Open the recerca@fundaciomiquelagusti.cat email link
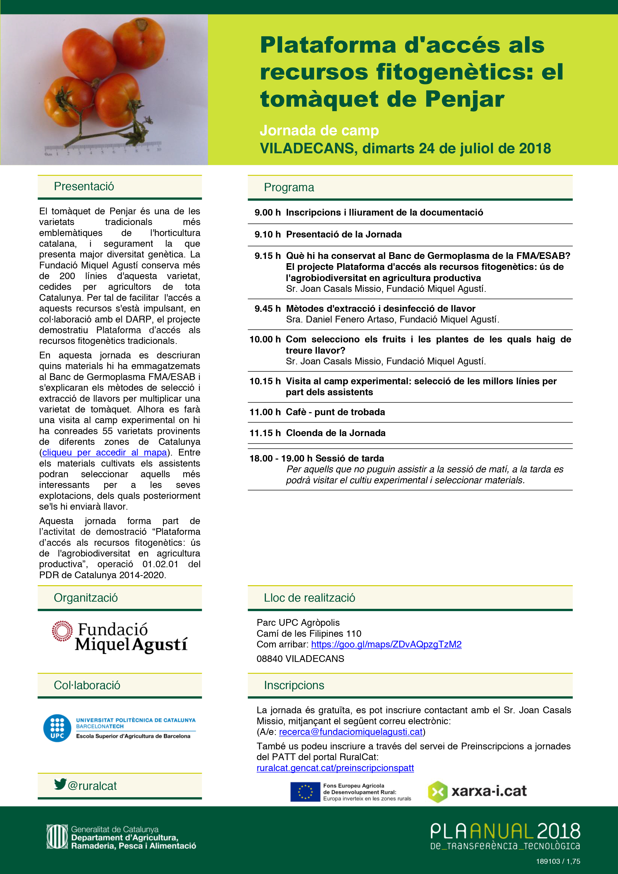[x=350, y=732]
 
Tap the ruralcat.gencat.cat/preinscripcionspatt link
[x=335, y=768]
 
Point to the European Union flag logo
[x=305, y=792]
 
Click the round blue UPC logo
[x=57, y=728]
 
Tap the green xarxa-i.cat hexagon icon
[x=437, y=792]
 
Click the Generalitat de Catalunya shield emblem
[x=57, y=837]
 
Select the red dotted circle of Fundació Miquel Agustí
[x=62, y=631]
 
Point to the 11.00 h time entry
[x=265, y=412]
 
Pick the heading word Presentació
[x=84, y=186]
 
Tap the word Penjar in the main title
[x=464, y=99]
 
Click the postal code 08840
[x=269, y=658]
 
